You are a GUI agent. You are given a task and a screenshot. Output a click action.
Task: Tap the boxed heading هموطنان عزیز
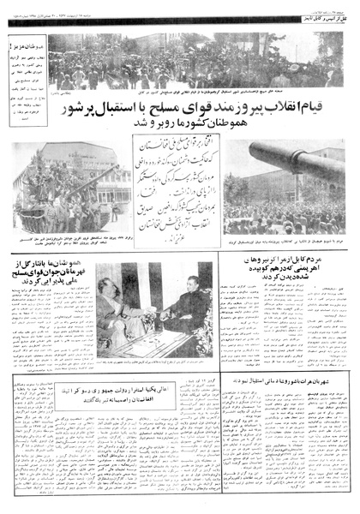click(24, 42)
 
